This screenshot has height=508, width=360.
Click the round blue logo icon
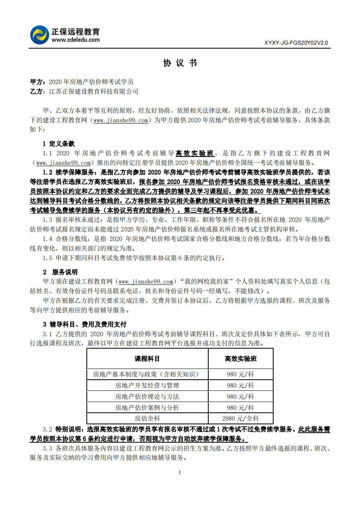[39, 35]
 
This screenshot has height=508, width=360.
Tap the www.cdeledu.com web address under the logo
[75, 40]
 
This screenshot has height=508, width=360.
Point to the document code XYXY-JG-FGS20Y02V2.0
[296, 43]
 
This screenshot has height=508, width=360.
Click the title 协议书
[180, 63]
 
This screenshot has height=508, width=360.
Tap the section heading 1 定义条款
[59, 144]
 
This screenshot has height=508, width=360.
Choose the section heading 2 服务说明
[60, 272]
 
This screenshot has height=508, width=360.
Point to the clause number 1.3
[47, 220]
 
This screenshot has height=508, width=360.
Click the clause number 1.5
[47, 258]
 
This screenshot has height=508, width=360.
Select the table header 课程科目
[147, 359]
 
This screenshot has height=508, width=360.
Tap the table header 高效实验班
[241, 359]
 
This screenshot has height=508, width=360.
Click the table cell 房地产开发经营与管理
[147, 385]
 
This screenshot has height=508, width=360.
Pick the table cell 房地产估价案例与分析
[147, 408]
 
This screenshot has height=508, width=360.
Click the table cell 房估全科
[147, 418]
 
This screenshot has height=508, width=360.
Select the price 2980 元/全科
[241, 418]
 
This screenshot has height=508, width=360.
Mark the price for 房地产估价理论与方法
[241, 396]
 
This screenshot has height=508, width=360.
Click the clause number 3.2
[47, 430]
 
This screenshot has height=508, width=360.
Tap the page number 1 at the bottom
[180, 473]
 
